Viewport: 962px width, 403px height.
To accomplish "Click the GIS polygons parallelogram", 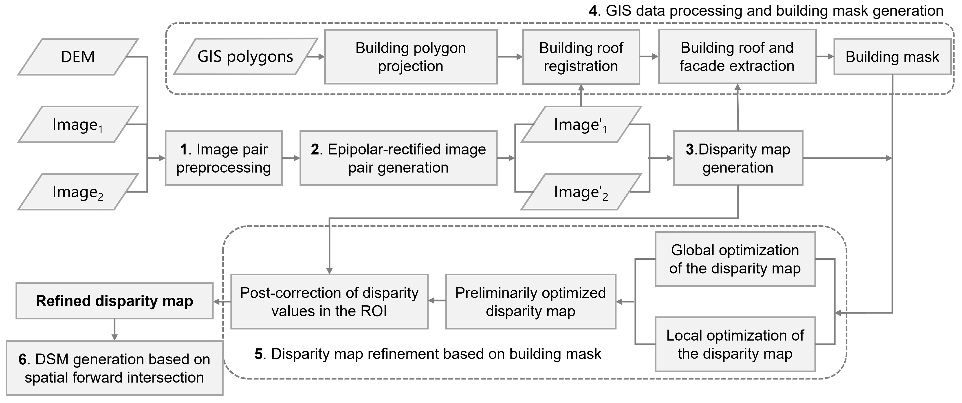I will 245,57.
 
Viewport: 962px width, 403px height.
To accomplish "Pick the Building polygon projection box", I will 410,57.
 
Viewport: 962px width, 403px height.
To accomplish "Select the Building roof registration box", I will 581,57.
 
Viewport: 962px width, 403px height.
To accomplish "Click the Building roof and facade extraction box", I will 737,57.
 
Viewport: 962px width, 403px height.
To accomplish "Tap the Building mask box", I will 892,57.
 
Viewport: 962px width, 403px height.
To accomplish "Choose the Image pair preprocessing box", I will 223,158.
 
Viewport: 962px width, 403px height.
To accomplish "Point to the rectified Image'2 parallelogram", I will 581,192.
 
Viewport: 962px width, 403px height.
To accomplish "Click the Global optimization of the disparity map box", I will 735,259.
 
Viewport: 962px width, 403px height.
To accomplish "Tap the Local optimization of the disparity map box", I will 735,344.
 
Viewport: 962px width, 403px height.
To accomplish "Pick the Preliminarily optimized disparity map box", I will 530,302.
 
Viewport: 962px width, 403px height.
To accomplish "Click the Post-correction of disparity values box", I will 329,302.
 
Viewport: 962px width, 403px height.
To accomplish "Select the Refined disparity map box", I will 114,301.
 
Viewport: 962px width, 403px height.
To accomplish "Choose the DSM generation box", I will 114,368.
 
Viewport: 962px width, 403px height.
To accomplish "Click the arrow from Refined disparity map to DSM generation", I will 115,330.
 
